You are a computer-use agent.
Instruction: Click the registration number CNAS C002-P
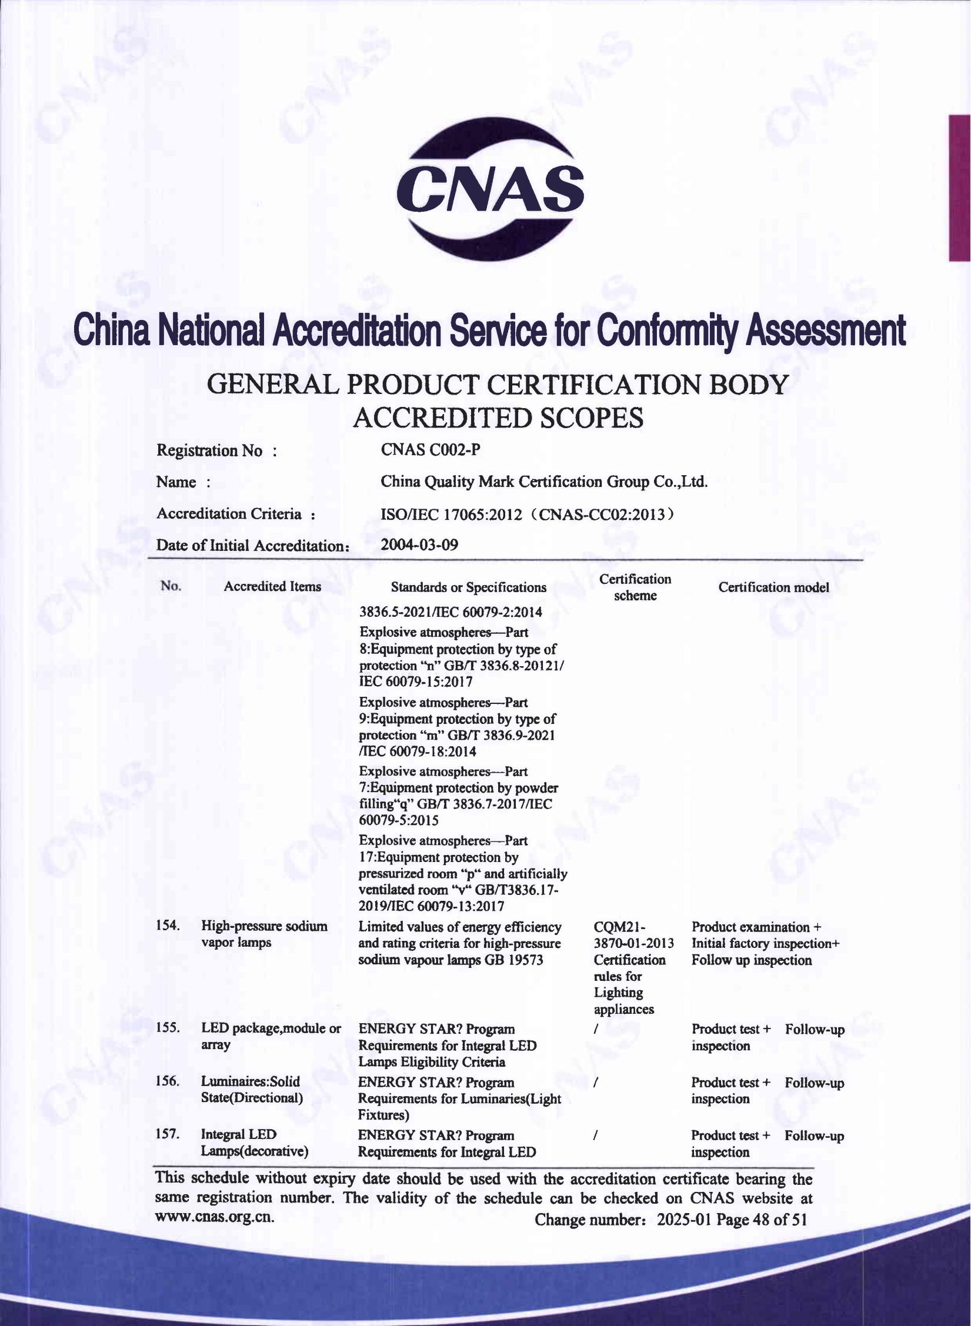point(431,450)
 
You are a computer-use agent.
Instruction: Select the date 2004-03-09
point(419,545)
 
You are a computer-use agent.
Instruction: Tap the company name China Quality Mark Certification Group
point(544,482)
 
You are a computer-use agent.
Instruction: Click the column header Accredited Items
point(272,586)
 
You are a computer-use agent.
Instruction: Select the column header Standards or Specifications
point(468,587)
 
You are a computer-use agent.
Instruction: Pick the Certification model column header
point(773,587)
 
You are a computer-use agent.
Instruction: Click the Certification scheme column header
point(635,587)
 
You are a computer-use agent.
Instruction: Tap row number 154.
point(168,926)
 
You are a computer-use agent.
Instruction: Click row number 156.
point(168,1081)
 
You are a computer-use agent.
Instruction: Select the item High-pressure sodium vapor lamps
point(264,934)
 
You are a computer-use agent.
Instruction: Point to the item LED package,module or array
point(271,1036)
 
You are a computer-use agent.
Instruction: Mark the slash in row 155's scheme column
point(596,1029)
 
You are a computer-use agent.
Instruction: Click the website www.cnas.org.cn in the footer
point(215,1217)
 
